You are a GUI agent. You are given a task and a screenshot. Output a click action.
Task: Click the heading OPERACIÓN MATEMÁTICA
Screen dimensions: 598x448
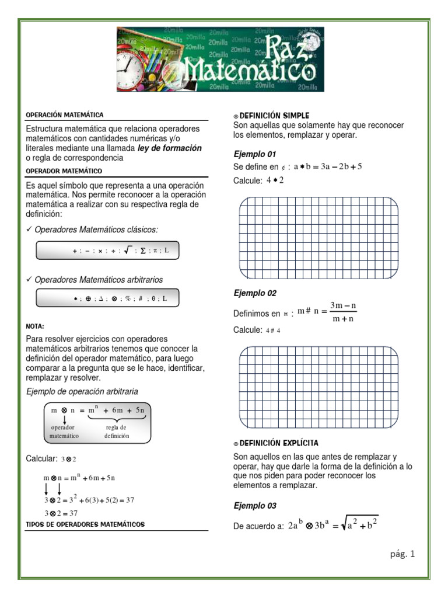point(65,115)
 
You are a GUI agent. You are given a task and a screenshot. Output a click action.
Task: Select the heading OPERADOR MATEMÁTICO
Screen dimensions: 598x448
point(64,171)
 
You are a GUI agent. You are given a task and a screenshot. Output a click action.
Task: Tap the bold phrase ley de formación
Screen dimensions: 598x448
point(170,148)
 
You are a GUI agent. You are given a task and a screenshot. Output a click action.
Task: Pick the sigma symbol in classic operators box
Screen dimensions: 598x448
point(143,251)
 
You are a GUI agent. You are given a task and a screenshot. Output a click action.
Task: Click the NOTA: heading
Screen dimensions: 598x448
point(35,326)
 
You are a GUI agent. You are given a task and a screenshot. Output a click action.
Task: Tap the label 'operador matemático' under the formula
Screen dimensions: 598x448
point(64,432)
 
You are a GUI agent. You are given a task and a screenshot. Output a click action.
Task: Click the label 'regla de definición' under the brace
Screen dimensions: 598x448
point(117,432)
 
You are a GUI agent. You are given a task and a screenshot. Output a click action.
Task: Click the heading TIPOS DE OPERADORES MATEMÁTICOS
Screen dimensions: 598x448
point(85,524)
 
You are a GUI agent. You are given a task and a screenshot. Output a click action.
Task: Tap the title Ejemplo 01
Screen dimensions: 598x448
point(254,154)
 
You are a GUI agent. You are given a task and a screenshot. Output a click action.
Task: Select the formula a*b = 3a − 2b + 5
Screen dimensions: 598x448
point(327,166)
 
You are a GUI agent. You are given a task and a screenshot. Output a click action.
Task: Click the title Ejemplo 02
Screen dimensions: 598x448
point(255,293)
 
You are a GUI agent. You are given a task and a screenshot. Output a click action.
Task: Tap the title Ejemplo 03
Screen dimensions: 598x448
point(255,506)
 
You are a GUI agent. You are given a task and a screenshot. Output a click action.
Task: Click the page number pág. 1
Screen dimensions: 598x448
point(402,554)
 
